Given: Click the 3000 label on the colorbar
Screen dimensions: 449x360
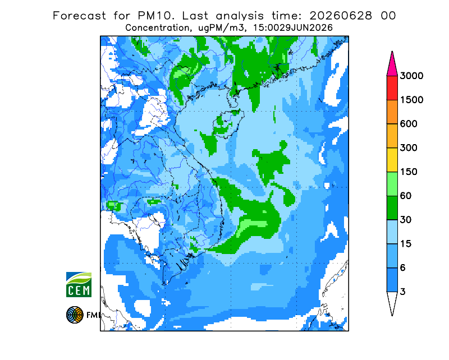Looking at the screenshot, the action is [x=411, y=76].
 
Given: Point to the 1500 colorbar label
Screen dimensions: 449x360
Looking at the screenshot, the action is [x=411, y=100].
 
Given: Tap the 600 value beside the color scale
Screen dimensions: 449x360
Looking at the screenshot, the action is [x=409, y=124].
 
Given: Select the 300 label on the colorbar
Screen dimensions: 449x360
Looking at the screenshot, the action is [x=409, y=148].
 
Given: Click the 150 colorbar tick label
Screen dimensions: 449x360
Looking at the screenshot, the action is [x=409, y=172].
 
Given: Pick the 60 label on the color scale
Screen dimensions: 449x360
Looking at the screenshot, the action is [x=405, y=196].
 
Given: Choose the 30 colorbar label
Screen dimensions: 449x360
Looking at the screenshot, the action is [x=405, y=220].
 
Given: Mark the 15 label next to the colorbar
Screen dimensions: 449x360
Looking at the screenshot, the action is [x=405, y=244].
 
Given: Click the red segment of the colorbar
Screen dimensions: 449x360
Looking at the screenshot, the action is [x=392, y=88].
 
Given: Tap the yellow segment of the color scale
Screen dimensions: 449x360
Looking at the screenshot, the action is [x=392, y=160].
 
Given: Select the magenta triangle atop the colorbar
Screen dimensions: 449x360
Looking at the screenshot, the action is [x=392, y=66].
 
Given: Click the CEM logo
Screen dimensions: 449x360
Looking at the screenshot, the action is [x=79, y=284].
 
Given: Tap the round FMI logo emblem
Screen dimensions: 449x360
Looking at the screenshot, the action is [x=75, y=315].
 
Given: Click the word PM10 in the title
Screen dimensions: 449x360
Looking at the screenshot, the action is [x=156, y=16].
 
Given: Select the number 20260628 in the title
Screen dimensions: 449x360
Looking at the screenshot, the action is [x=341, y=16].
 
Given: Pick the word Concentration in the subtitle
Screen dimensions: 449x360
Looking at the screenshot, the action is [x=158, y=28].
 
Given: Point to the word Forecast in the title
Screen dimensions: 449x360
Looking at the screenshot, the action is [x=79, y=16].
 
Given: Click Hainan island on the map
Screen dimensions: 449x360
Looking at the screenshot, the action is [x=228, y=123].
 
